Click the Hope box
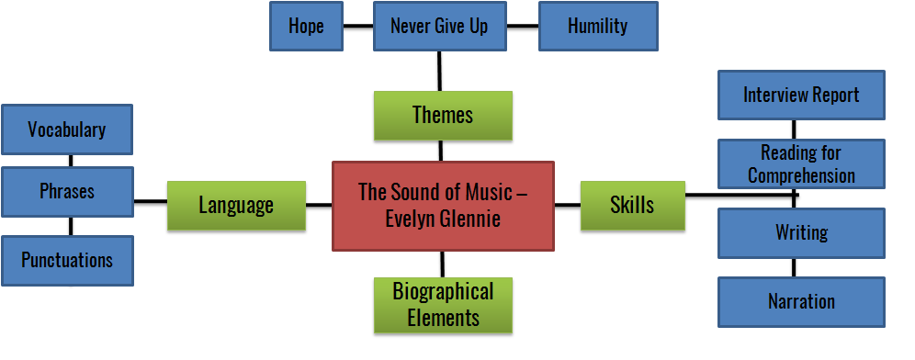306,26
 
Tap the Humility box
597,26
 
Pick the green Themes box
443,115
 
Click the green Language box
236,205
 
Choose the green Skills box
632,204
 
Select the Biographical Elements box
443,305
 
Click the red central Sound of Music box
443,205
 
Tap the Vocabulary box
67,129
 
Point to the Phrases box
67,191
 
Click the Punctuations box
67,260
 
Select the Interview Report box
801,95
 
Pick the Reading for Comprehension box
801,163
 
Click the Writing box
801,232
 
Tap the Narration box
801,301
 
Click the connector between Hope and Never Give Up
357,26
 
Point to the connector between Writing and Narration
795,267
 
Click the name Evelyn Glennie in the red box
443,219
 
